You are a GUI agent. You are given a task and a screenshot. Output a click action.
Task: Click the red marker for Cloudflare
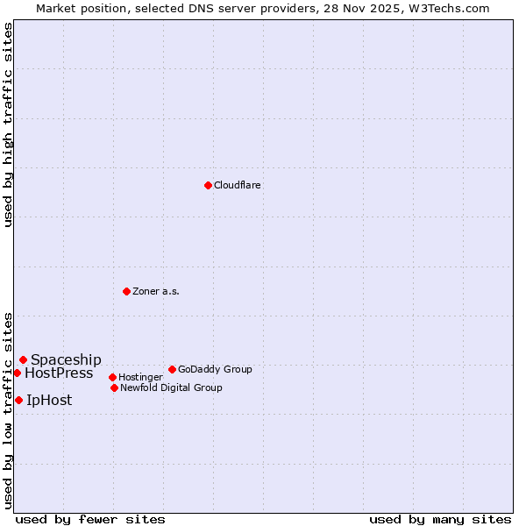click(x=208, y=185)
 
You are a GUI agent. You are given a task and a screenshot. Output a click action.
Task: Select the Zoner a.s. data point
click(x=126, y=291)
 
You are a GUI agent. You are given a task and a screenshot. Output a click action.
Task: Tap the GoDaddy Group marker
click(x=172, y=369)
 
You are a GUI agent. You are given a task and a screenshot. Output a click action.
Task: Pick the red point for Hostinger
click(x=112, y=377)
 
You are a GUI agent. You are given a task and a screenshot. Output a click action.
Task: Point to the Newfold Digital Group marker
click(x=114, y=387)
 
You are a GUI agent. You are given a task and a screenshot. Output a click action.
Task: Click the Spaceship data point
click(x=23, y=359)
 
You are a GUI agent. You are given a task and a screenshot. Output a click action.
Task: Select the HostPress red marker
click(x=17, y=373)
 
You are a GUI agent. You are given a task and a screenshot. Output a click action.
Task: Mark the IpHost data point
click(x=18, y=400)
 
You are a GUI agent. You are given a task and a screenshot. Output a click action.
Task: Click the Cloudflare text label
click(x=237, y=185)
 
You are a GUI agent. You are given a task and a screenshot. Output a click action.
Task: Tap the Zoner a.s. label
click(x=156, y=291)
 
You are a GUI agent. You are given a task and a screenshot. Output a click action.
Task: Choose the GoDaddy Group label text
click(x=215, y=369)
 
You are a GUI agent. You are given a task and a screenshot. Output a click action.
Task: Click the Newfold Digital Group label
click(x=171, y=387)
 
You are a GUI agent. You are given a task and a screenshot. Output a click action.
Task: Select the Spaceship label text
click(x=66, y=359)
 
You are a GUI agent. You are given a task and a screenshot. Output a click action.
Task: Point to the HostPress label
click(x=59, y=373)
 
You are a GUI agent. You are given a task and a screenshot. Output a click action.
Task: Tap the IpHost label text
click(x=49, y=400)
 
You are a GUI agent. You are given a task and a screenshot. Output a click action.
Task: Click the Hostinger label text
click(x=140, y=377)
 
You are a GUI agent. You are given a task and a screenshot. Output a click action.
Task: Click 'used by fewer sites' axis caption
click(x=90, y=519)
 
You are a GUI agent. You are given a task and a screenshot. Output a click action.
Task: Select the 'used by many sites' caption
click(x=440, y=519)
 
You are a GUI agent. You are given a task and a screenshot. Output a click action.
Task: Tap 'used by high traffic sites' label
click(x=8, y=124)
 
